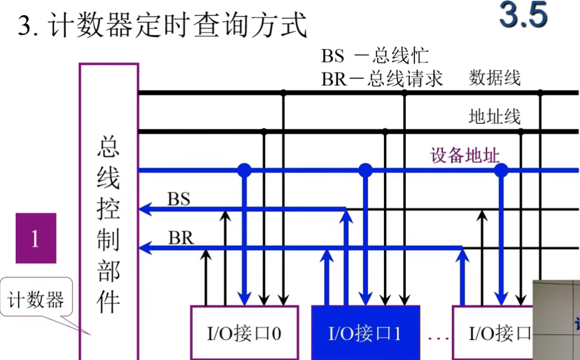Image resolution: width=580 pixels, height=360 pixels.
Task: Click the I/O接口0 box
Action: tap(244, 332)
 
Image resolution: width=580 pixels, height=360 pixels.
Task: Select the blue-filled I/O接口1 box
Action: tap(365, 333)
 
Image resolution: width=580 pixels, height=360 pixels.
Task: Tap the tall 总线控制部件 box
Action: tap(109, 212)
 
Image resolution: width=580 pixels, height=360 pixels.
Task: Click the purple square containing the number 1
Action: tap(36, 238)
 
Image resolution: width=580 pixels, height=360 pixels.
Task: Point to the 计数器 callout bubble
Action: tap(36, 299)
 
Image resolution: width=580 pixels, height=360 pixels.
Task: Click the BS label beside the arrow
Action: tap(179, 199)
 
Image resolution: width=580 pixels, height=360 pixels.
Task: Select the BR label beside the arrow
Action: tap(181, 237)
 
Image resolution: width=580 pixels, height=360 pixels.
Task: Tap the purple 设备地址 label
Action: tap(465, 155)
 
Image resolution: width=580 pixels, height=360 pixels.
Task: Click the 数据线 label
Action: tap(494, 78)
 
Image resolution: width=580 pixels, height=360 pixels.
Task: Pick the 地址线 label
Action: tap(494, 116)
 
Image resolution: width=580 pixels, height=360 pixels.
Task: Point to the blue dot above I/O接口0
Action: tap(244, 170)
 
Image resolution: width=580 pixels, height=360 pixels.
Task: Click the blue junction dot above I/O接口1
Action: tap(365, 170)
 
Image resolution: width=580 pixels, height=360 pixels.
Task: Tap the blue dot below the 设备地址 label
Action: tap(501, 171)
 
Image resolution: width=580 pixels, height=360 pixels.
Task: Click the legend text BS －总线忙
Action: tap(375, 56)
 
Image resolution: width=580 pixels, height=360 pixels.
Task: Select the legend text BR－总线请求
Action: tap(382, 78)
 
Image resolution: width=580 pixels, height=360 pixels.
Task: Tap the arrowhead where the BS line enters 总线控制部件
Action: tap(144, 209)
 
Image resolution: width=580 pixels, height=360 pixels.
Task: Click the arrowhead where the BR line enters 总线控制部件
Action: tap(144, 248)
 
